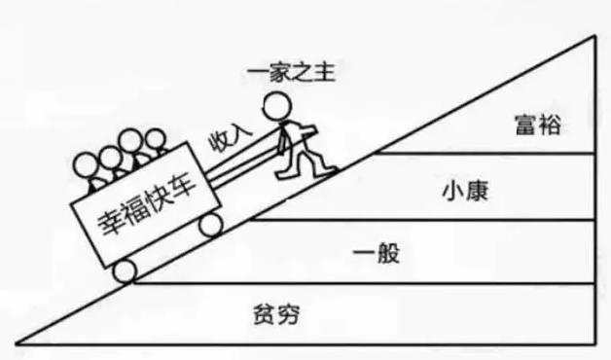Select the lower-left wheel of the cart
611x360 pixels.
pyautogui.click(x=125, y=271)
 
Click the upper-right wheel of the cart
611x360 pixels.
pyautogui.click(x=209, y=226)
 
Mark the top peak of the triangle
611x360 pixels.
pyautogui.click(x=595, y=37)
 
